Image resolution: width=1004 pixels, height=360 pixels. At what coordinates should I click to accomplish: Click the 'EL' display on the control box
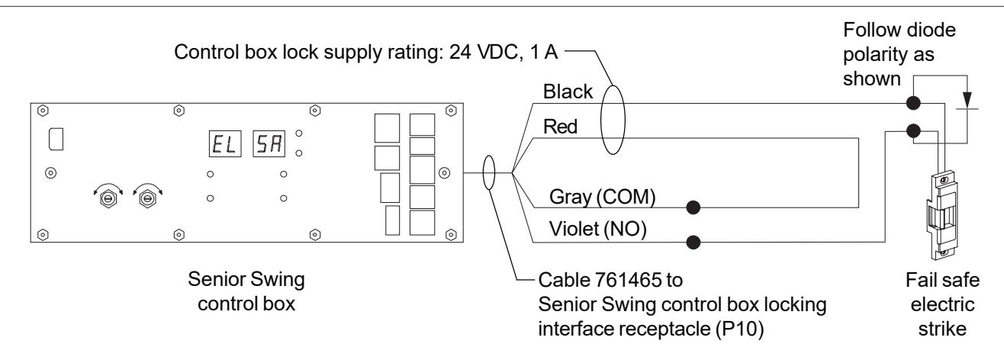pyautogui.click(x=225, y=143)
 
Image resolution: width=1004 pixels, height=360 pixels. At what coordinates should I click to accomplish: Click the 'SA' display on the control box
pyautogui.click(x=269, y=143)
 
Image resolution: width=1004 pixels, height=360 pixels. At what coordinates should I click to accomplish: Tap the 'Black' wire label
pyautogui.click(x=568, y=92)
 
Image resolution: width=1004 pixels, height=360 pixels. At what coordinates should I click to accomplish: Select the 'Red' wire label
pyautogui.click(x=560, y=127)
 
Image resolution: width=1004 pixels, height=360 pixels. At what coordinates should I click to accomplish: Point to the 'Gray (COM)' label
pyautogui.click(x=603, y=197)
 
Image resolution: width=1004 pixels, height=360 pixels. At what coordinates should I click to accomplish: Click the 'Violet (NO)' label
pyautogui.click(x=598, y=229)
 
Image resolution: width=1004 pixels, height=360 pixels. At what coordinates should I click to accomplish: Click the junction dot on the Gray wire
pyautogui.click(x=693, y=207)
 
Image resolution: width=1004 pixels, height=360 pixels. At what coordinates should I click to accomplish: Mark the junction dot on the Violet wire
pyautogui.click(x=693, y=242)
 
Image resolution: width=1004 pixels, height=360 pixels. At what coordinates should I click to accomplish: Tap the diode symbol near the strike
pyautogui.click(x=967, y=101)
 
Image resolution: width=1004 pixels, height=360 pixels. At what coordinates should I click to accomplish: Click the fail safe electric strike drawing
pyautogui.click(x=943, y=215)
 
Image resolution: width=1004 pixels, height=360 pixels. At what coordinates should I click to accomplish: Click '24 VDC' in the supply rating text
pyautogui.click(x=485, y=52)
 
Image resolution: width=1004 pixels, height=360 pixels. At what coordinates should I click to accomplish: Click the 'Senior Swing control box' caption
pyautogui.click(x=246, y=291)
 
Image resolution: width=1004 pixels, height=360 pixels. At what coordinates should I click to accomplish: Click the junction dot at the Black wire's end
pyautogui.click(x=913, y=103)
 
